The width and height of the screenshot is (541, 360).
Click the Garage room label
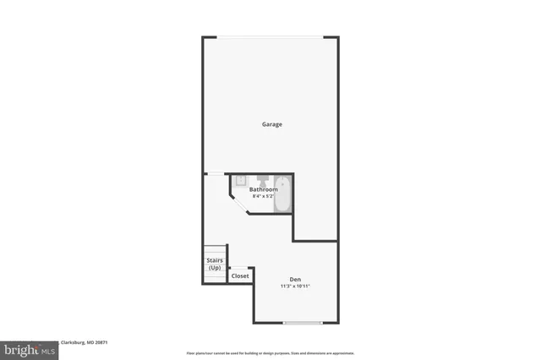270,124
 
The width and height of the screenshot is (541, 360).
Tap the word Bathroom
263,189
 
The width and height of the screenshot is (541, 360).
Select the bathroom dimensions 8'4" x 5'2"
263,196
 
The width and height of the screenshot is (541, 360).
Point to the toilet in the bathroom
263,180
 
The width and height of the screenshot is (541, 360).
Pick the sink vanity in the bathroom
239,180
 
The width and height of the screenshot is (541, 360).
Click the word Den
295,280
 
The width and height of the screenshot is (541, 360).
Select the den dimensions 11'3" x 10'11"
295,286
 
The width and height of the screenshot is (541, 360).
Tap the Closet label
240,276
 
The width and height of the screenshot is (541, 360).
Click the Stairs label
214,261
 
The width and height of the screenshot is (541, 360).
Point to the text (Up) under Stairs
214,268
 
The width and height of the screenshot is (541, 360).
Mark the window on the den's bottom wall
302,323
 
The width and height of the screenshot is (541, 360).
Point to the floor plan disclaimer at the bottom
270,353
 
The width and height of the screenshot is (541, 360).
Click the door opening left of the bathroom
215,174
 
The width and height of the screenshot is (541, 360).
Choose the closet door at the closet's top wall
241,268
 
